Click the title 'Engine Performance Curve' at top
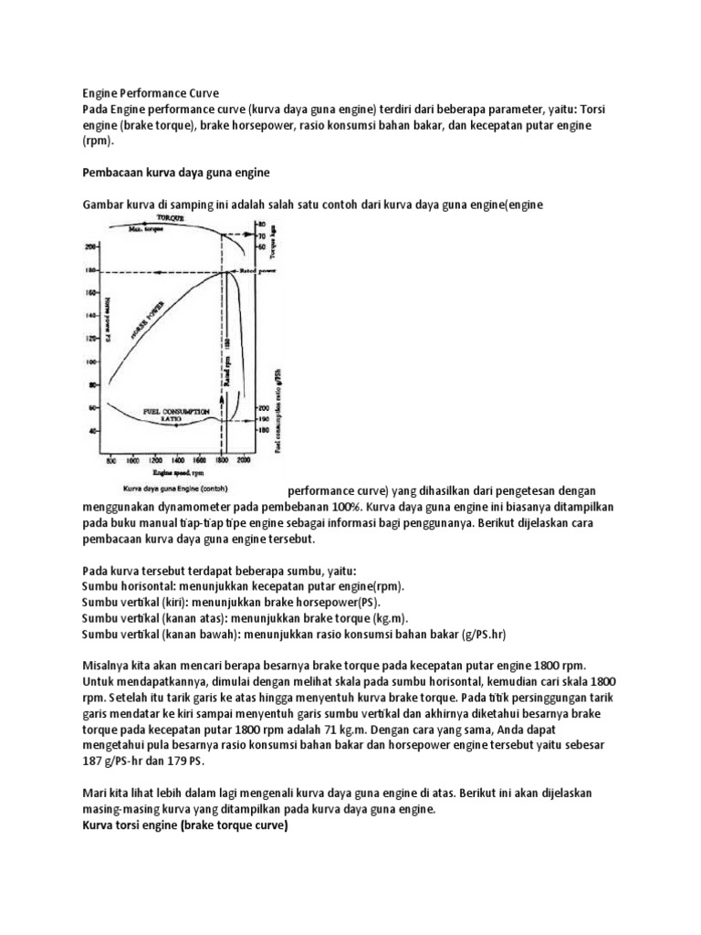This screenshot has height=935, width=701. [151, 93]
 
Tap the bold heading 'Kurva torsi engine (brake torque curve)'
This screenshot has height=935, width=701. [184, 825]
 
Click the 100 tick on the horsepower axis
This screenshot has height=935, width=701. [90, 361]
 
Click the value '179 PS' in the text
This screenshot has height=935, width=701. [184, 761]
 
